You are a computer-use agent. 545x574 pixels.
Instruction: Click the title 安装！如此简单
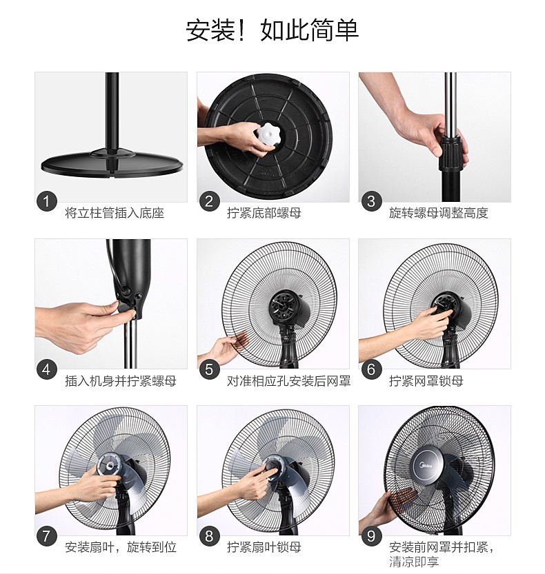272,30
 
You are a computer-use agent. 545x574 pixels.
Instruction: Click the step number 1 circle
46,201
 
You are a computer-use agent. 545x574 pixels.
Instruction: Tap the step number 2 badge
209,201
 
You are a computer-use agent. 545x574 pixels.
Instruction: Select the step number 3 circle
371,201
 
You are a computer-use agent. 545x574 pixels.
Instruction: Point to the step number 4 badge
46,369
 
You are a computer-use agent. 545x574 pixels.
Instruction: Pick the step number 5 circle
209,369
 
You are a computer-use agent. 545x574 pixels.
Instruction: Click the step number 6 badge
371,369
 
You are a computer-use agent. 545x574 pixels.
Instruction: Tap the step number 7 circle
46,536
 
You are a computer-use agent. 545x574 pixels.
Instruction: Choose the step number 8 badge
209,536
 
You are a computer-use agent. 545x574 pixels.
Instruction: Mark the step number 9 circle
371,536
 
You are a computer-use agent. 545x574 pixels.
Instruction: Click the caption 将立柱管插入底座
115,213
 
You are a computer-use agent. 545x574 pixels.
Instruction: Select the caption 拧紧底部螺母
264,213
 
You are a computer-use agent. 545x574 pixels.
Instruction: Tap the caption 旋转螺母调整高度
439,213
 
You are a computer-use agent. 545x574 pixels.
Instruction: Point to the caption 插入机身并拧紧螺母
121,381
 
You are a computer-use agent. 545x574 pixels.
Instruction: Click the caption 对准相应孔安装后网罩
289,381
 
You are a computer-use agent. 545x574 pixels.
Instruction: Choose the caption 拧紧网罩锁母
426,381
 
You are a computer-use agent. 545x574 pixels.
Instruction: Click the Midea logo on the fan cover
426,466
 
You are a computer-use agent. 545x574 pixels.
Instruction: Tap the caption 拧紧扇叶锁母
264,547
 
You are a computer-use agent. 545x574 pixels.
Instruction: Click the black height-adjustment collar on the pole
450,154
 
